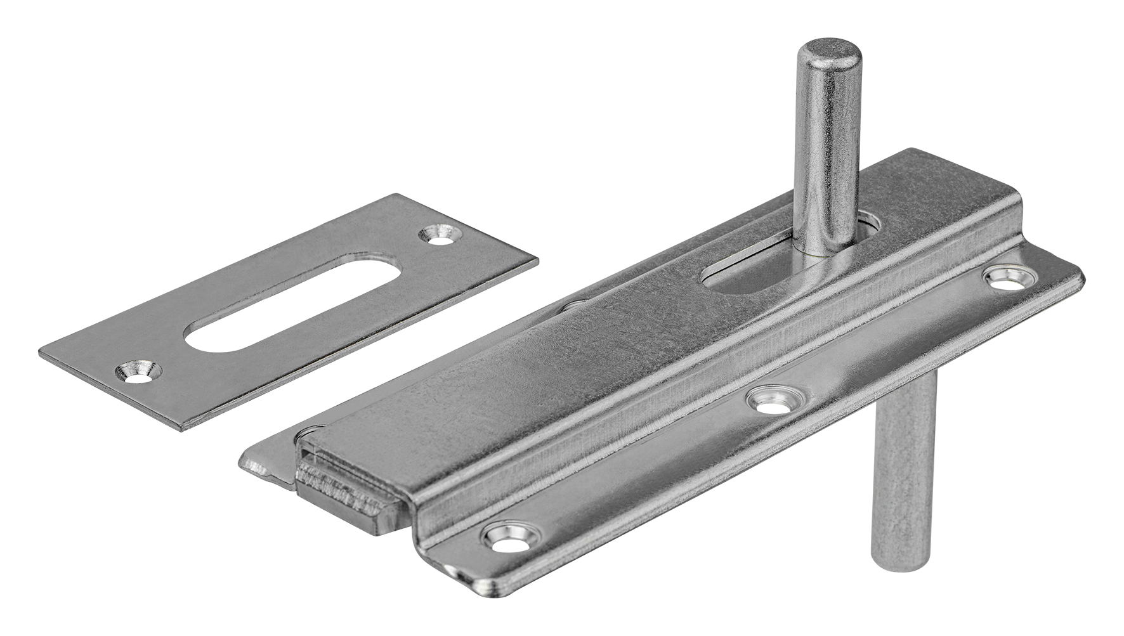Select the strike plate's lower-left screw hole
pos(137,370)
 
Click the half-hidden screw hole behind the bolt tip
pos(571,306)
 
